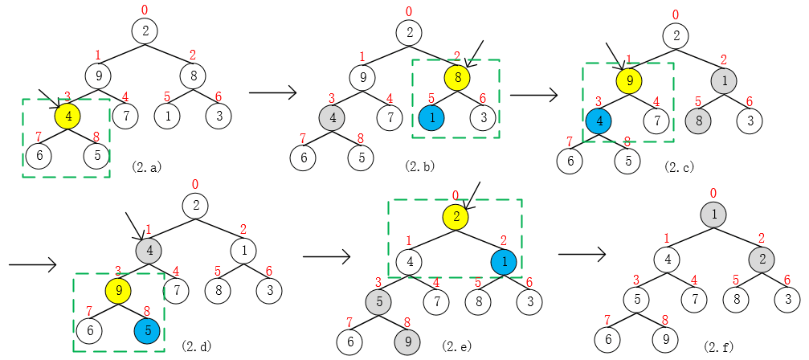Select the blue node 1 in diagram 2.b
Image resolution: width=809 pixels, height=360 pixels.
pos(431,117)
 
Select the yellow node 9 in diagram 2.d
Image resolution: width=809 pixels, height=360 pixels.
pos(119,291)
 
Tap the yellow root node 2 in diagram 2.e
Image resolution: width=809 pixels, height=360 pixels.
pos(456,216)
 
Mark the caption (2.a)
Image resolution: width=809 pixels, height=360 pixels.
pos(146,166)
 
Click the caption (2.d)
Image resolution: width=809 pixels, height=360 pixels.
pos(197,346)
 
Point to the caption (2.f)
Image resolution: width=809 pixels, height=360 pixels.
pos(718,345)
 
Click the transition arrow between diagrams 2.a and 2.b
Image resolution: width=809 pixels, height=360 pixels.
pos(272,93)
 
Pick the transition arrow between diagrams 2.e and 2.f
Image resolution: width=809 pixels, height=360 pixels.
pos(582,254)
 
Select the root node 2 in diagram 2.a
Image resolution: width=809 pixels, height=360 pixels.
pos(145,31)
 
